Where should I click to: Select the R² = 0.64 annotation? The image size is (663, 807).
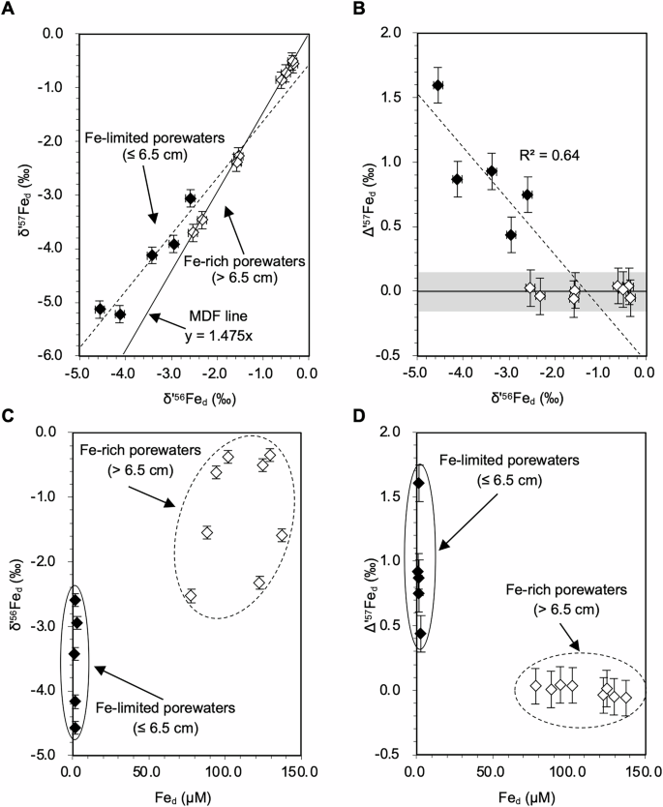(x=549, y=152)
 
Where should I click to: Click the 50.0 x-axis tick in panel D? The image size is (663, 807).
(x=487, y=771)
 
